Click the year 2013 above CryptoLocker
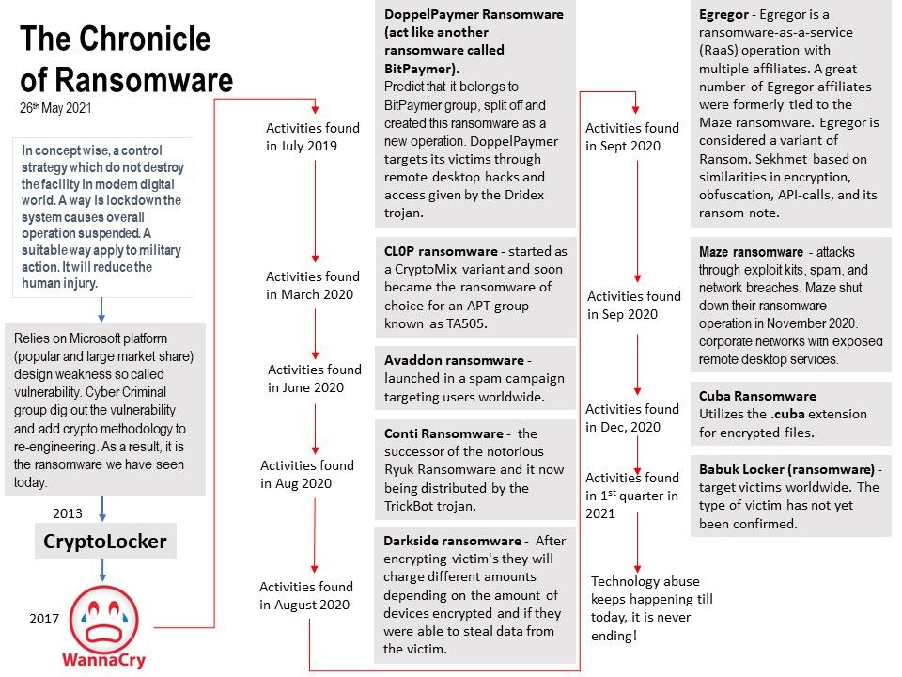pos(68,513)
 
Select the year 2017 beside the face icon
pos(43,619)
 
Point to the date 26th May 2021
pos(55,108)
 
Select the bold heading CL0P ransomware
pos(441,251)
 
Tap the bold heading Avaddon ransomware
pos(453,360)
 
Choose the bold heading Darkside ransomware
pos(451,541)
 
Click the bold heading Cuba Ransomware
pos(757,396)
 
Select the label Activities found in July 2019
pos(313,136)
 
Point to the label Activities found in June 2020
pos(314,378)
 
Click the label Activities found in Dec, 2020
pos(631,417)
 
